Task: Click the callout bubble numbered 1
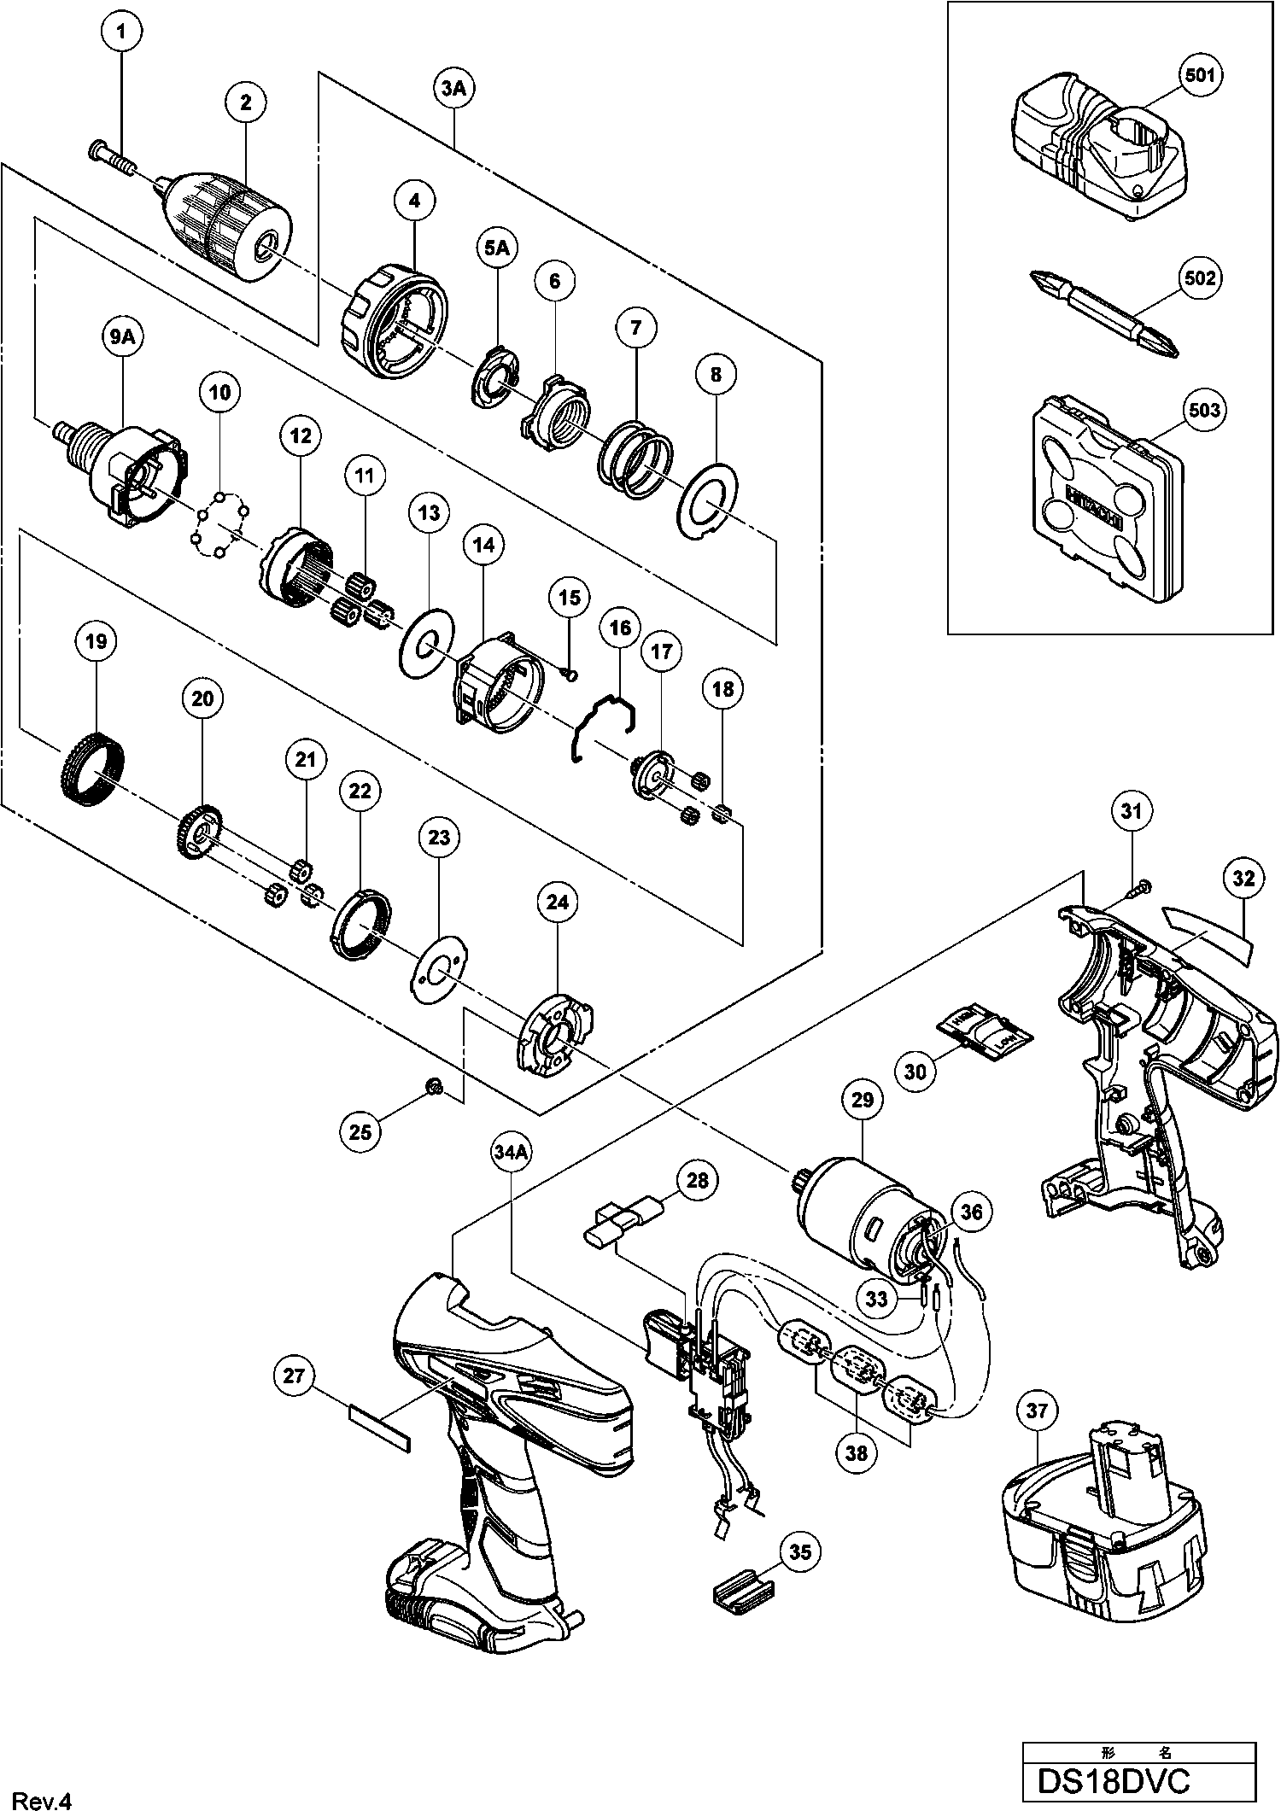[x=120, y=33]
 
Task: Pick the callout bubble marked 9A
[x=121, y=337]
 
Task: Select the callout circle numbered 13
[x=429, y=513]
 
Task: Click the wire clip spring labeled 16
[x=603, y=725]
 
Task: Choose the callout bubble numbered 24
[x=557, y=903]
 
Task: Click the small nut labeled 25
[x=434, y=1086]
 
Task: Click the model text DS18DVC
[x=1112, y=1782]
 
